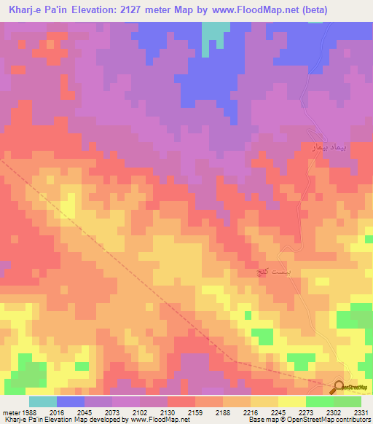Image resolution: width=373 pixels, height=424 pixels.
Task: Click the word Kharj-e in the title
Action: tap(29, 10)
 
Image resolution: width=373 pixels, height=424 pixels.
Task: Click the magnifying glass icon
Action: tap(339, 388)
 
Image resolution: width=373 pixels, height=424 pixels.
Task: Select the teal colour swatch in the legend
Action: tap(42, 401)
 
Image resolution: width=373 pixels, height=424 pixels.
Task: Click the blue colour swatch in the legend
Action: tap(70, 401)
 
